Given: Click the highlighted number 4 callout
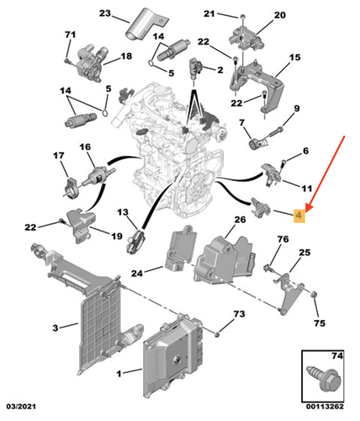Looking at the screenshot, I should (299, 216).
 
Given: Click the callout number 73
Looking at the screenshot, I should (238, 314).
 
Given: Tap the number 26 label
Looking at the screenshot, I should (240, 220).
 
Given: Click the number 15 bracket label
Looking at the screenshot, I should (294, 58).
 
